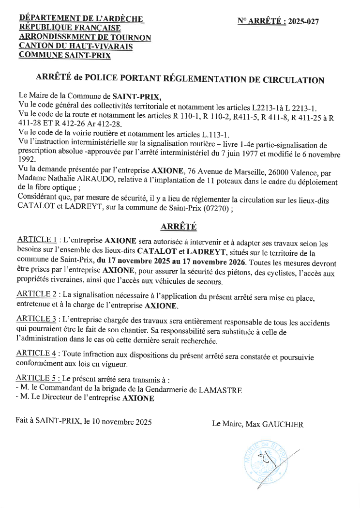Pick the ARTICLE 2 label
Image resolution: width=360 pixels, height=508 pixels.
(x=37, y=294)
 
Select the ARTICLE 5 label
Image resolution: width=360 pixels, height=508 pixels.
(x=37, y=378)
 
